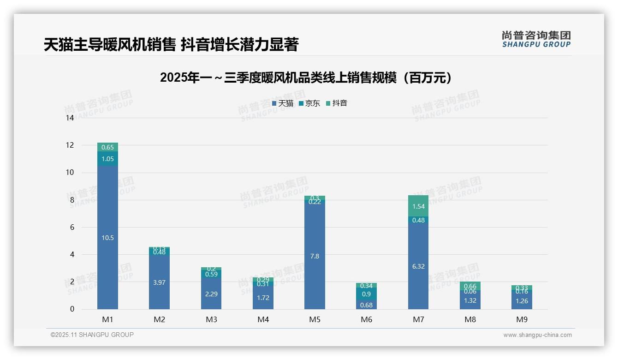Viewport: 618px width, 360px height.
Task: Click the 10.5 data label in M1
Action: tap(107, 238)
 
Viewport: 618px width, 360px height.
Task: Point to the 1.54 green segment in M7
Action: tap(418, 206)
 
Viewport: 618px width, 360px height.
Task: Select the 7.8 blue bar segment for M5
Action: tap(315, 256)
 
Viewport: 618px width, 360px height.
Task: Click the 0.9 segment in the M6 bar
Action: tap(367, 294)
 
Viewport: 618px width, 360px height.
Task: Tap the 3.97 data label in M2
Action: tap(159, 282)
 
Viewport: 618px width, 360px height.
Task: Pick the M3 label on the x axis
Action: tap(211, 319)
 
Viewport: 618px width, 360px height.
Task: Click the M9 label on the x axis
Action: tap(522, 319)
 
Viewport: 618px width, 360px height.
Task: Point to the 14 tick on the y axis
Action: tap(70, 118)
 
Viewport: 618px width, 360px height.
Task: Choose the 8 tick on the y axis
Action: tap(71, 200)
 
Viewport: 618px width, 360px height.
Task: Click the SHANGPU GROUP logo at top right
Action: tap(536, 39)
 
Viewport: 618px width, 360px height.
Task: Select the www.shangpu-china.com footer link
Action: tap(537, 335)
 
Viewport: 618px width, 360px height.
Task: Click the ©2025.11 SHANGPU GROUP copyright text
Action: tap(92, 335)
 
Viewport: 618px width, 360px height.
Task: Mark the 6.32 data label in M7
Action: tap(418, 266)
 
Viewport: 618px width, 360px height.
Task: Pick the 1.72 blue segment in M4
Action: tap(263, 298)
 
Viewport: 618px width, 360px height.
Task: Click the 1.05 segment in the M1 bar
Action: tap(107, 159)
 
